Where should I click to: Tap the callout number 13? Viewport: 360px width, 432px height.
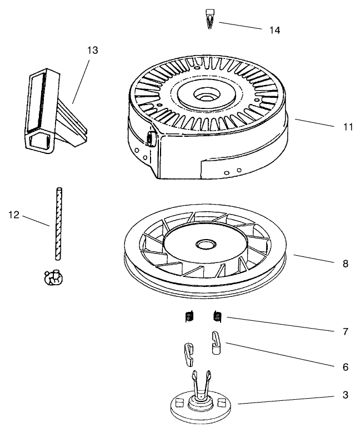[x=92, y=51]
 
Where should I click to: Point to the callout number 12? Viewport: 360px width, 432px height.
[x=15, y=213]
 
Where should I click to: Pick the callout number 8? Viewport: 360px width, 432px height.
[x=345, y=264]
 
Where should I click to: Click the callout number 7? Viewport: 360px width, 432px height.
[x=345, y=332]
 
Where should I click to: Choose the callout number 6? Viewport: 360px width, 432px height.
[x=345, y=367]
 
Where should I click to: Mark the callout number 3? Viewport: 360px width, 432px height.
[x=345, y=395]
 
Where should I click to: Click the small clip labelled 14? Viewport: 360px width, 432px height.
[x=211, y=18]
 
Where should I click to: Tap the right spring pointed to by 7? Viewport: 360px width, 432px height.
[x=217, y=317]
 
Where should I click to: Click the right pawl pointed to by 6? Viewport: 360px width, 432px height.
[x=217, y=343]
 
